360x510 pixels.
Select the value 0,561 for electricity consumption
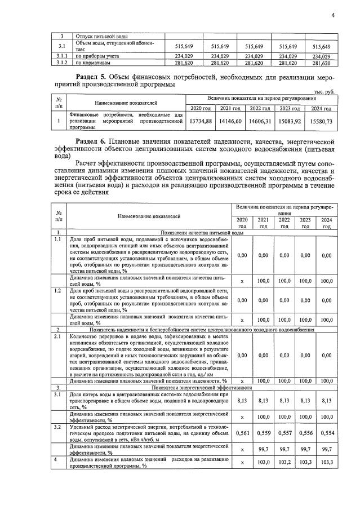coord(242,438)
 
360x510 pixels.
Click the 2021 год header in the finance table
coord(231,108)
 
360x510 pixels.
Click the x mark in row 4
coord(242,462)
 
